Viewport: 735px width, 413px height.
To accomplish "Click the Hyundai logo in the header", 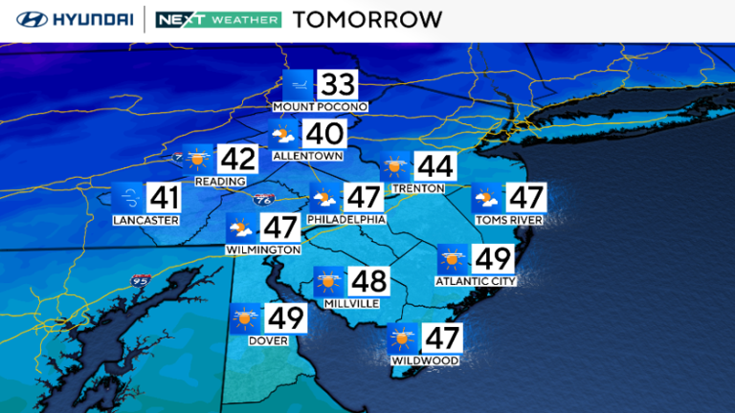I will point(70,19).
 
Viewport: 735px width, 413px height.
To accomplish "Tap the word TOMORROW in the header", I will point(367,19).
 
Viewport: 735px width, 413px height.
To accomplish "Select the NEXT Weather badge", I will point(218,19).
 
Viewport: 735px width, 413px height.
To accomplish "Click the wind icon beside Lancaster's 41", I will point(128,199).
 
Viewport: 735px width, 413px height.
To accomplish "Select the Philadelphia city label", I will point(347,219).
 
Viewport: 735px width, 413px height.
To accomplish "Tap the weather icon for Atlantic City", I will point(454,259).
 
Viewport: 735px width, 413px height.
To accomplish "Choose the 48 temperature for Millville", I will point(368,281).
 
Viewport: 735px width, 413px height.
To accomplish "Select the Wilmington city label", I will point(264,250).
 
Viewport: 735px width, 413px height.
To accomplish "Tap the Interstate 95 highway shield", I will point(142,278).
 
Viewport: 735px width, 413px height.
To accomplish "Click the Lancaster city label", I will point(145,220).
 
